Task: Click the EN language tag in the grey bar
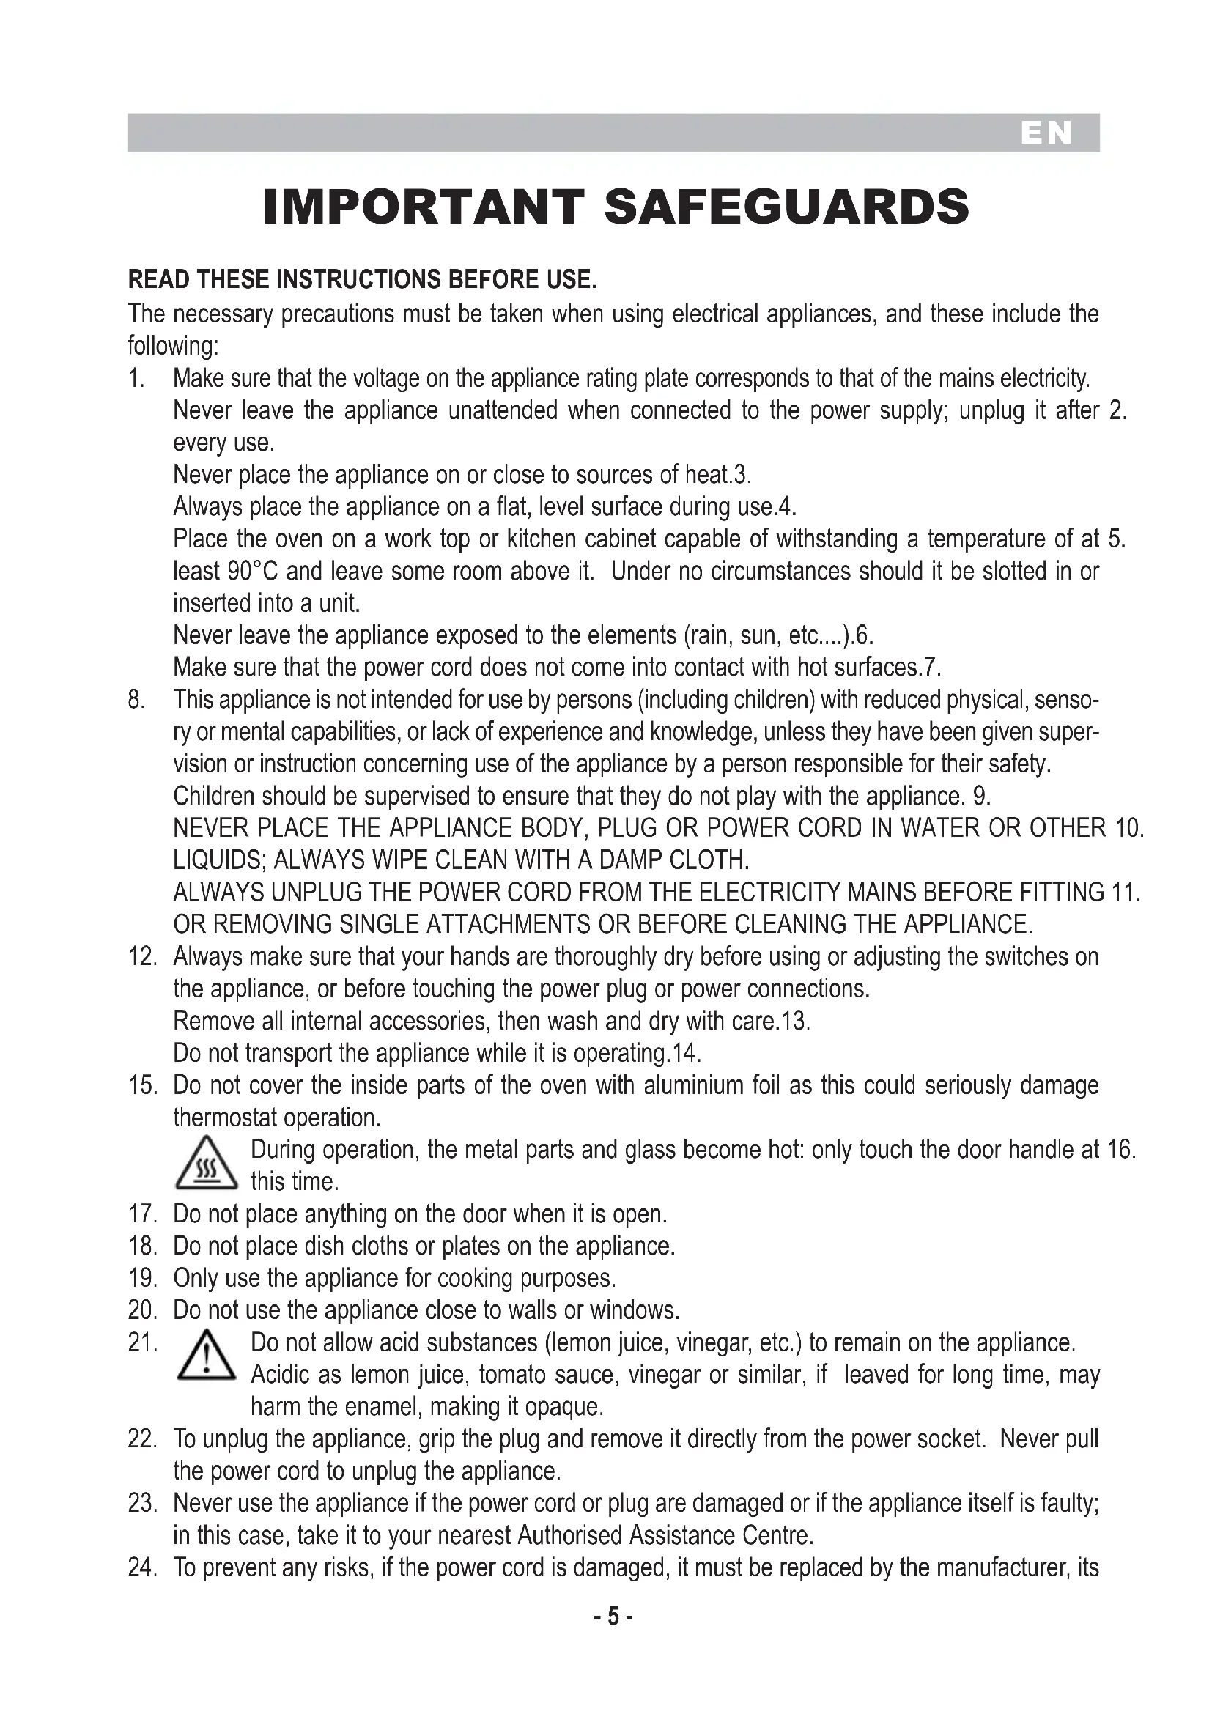point(1046,133)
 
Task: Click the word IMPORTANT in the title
point(422,207)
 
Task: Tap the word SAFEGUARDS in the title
point(786,207)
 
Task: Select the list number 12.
point(142,957)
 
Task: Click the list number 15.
point(142,1085)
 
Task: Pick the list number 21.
point(142,1343)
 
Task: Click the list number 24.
point(142,1567)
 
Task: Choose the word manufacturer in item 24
point(1002,1567)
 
